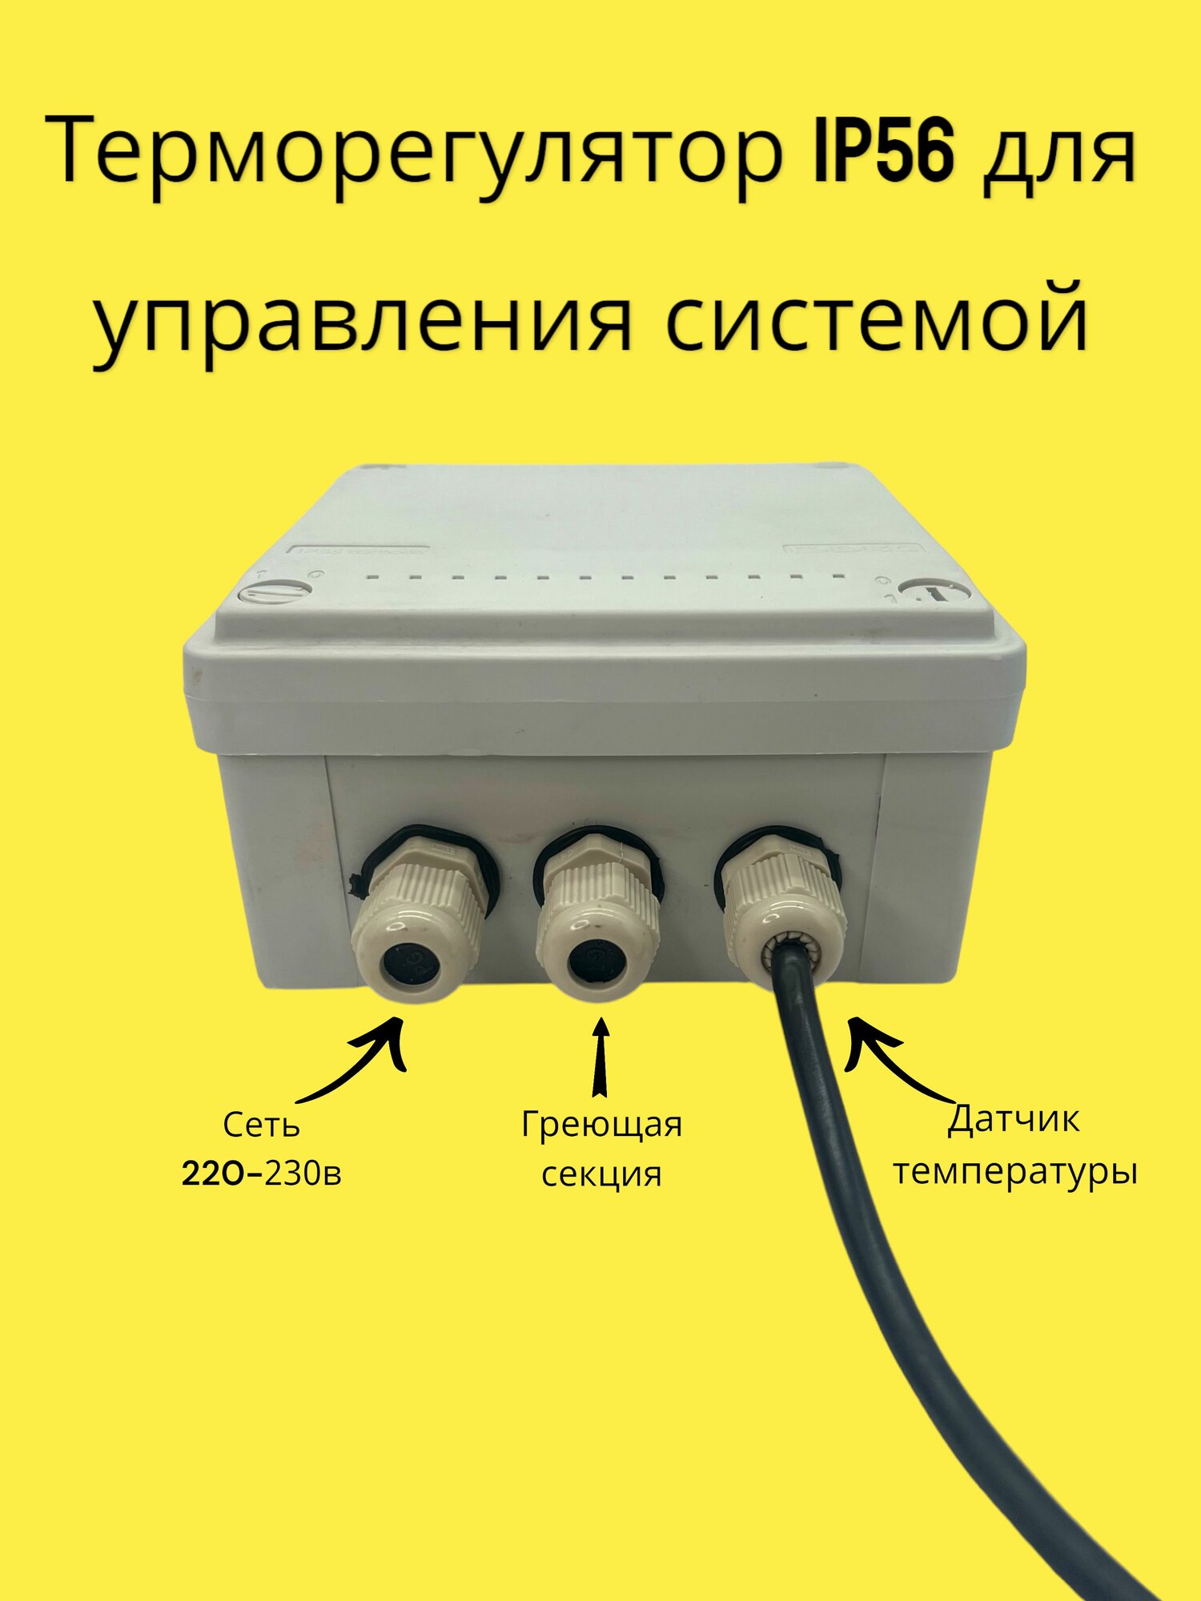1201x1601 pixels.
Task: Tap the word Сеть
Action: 261,1126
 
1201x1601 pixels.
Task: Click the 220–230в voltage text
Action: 262,1174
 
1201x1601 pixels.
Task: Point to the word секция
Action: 601,1174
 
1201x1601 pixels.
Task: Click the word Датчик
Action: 1014,1119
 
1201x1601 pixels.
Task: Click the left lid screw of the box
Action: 275,593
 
